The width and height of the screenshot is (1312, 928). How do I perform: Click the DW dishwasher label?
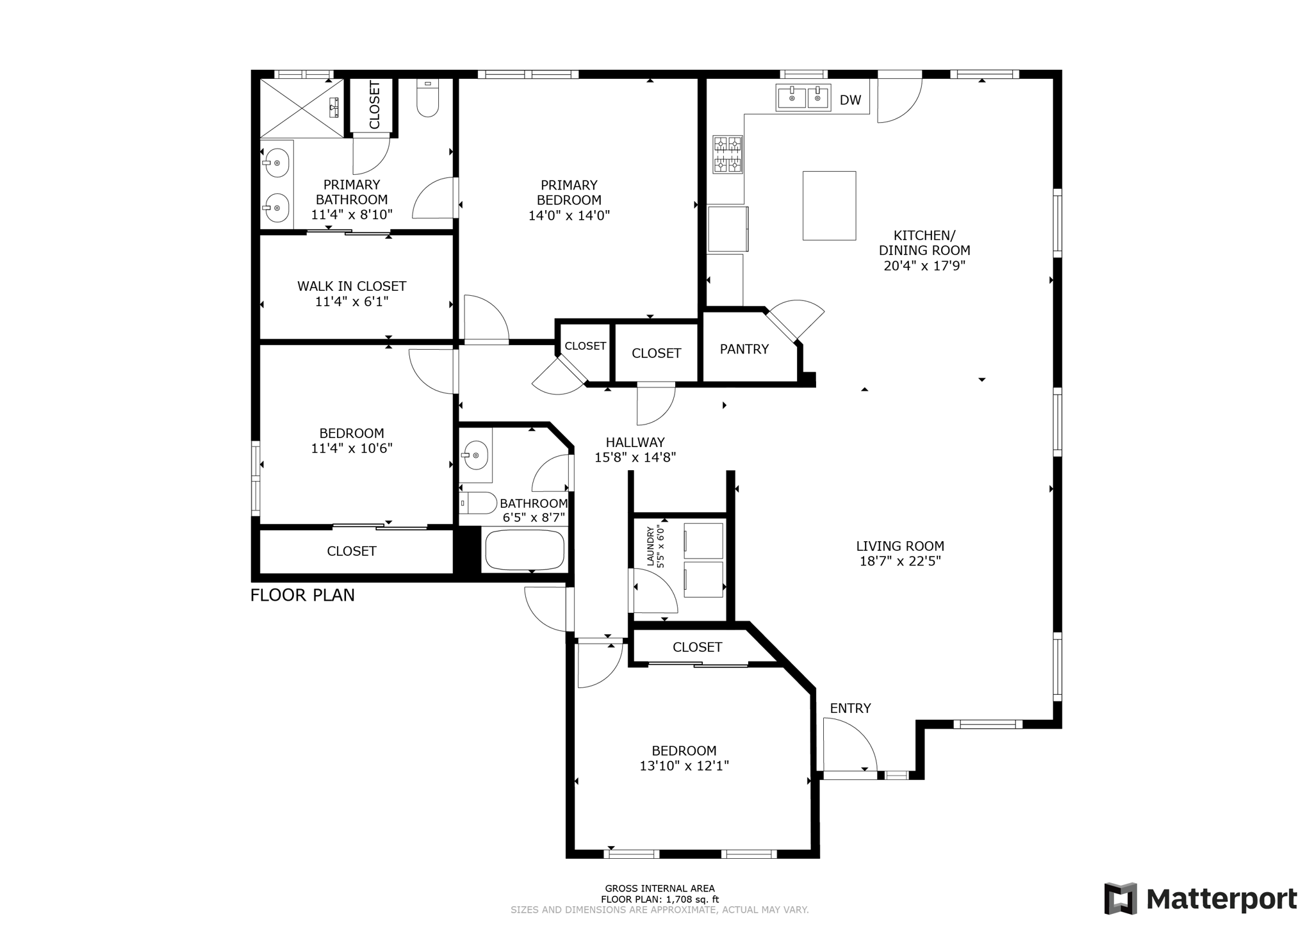[850, 100]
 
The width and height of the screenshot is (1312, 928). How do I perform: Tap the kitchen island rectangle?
[829, 206]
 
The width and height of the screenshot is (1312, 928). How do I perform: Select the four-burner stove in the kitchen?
[728, 154]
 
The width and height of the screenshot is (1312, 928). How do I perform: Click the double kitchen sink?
[803, 98]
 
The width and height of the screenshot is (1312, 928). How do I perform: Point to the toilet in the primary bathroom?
[428, 99]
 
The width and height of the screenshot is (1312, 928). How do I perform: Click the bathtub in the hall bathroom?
[525, 549]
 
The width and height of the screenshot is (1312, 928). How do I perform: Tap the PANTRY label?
[744, 349]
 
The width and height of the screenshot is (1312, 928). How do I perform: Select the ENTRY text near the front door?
[850, 708]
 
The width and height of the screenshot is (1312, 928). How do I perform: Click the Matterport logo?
[1200, 899]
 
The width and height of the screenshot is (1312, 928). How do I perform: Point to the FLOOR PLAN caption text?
[302, 595]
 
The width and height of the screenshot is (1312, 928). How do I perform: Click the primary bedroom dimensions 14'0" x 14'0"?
[569, 216]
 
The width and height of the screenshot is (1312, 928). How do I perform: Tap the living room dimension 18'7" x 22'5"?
[900, 562]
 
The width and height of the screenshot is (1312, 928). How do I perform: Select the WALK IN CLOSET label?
[351, 286]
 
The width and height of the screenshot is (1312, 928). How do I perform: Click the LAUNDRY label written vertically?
[650, 546]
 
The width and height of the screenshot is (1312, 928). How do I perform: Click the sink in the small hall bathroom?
[475, 455]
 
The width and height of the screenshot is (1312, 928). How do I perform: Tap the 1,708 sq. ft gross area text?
[660, 899]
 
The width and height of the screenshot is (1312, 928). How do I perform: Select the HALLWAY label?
[635, 442]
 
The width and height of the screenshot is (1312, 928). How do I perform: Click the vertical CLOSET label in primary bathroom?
[374, 105]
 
